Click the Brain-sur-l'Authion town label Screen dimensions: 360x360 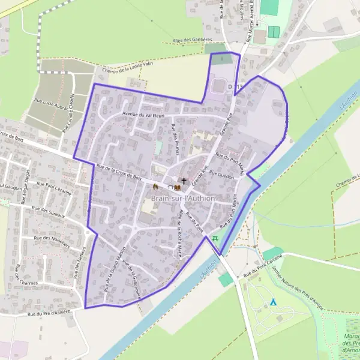183,198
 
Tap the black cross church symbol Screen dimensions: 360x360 184,181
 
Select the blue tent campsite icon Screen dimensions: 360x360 273,302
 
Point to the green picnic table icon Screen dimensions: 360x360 216,238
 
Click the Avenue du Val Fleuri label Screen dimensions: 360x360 143,114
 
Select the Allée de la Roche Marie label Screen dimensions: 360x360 179,233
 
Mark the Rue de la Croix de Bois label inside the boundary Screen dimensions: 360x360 119,173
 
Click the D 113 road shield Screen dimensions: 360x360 236,88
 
